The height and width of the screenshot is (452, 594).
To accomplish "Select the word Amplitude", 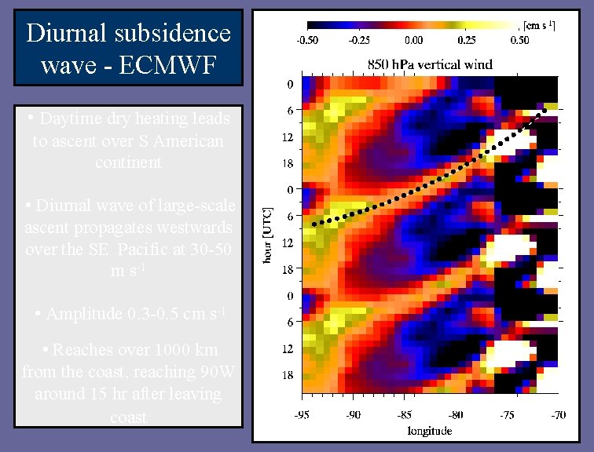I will click(x=90, y=315).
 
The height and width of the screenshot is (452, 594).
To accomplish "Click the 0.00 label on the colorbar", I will click(x=413, y=39).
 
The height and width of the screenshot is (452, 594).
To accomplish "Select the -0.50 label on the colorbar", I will click(x=307, y=39).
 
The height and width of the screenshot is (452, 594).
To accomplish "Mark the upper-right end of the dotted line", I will click(x=544, y=111).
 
